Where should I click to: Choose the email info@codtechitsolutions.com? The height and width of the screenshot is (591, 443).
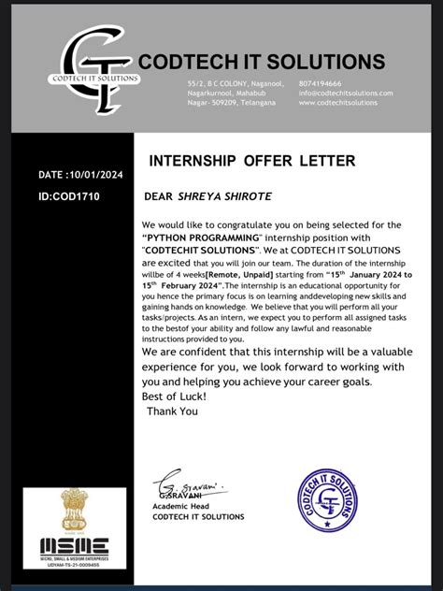coord(346,93)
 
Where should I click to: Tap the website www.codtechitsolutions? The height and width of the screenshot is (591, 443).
coord(338,103)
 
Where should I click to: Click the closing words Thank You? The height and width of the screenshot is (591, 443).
coord(173,411)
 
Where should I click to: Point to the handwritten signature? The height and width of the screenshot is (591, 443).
coord(191,487)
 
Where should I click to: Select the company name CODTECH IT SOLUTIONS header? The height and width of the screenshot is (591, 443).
coord(261,62)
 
